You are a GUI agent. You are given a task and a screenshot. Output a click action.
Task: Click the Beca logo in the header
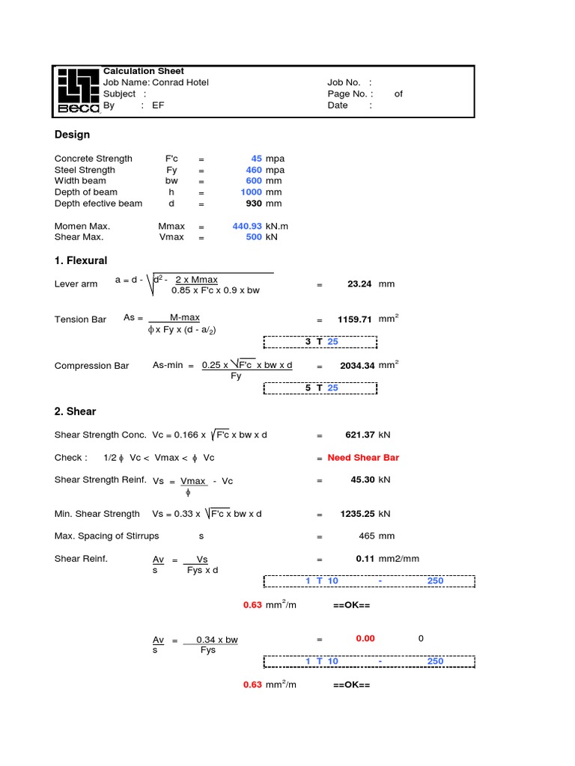pyautogui.click(x=79, y=91)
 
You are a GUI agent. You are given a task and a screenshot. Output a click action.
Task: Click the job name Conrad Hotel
pyautogui.click(x=180, y=82)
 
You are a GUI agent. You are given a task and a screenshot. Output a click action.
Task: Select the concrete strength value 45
pyautogui.click(x=256, y=159)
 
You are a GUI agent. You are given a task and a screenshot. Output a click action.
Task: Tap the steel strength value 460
pyautogui.click(x=254, y=170)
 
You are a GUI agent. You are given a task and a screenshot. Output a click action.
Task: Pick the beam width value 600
pyautogui.click(x=254, y=181)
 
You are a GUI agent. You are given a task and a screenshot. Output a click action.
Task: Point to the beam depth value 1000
pyautogui.click(x=251, y=192)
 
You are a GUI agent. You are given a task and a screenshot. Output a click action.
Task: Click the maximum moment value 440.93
pyautogui.click(x=247, y=226)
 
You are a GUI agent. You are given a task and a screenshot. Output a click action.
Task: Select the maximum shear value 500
pyautogui.click(x=254, y=237)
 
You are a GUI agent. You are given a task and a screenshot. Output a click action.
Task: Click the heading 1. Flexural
pyautogui.click(x=81, y=261)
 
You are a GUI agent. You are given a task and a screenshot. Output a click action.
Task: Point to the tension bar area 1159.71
pyautogui.click(x=355, y=319)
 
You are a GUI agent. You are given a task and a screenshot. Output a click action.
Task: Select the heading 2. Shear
pyautogui.click(x=75, y=411)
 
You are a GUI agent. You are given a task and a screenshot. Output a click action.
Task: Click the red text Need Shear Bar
pyautogui.click(x=363, y=458)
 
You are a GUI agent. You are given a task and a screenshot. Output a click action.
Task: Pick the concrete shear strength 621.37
pyautogui.click(x=359, y=435)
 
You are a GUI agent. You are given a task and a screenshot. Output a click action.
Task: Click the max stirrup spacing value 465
pyautogui.click(x=366, y=536)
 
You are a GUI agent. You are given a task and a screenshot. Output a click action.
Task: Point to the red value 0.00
pyautogui.click(x=365, y=639)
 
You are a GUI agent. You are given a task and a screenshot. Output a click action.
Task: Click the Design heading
pyautogui.click(x=72, y=135)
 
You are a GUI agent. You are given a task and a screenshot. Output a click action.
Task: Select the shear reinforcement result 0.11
pyautogui.click(x=365, y=559)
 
